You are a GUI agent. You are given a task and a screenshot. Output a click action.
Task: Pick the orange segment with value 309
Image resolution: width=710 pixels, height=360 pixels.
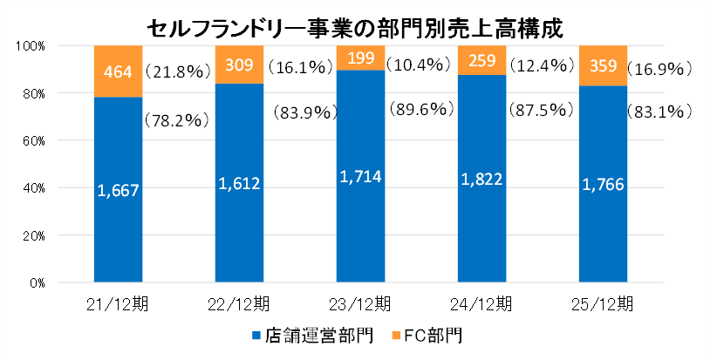click(x=239, y=65)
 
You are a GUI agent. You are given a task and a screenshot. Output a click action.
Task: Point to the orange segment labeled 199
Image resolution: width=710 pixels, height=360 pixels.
click(x=360, y=58)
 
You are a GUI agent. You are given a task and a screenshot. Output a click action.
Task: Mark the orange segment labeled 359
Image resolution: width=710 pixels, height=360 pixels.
click(x=603, y=65)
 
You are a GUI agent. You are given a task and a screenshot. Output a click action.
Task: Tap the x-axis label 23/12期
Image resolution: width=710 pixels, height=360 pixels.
click(x=360, y=304)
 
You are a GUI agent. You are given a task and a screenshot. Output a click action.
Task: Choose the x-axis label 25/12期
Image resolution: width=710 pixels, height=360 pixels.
click(x=603, y=304)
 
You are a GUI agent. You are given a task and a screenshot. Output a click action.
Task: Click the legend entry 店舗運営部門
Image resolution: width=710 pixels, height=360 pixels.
click(x=297, y=335)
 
